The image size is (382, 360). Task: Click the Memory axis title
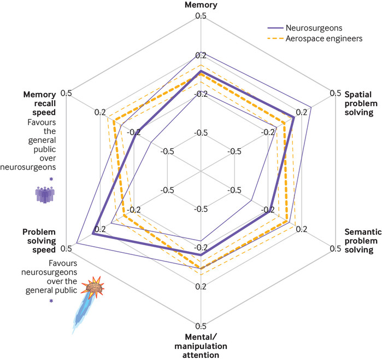coord(201,5)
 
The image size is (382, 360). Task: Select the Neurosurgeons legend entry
coord(305,28)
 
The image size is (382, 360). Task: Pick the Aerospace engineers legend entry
coord(315,38)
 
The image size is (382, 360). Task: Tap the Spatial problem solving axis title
coord(361,103)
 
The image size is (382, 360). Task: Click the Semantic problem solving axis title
coord(363,241)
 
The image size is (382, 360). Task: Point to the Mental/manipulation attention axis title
coord(201,346)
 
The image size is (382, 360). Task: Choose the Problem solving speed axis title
coord(39,241)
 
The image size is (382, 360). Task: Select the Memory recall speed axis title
coord(40,103)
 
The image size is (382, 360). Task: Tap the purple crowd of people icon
coord(45,195)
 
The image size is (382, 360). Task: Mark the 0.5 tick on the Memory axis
coord(201,16)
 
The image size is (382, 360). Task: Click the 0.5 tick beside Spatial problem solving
coord(336,93)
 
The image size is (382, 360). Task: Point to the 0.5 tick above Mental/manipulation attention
coord(201,326)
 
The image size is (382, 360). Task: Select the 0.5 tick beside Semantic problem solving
coord(336,248)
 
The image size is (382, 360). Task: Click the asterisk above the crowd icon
coord(51,179)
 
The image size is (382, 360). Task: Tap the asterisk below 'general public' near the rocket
coord(51,301)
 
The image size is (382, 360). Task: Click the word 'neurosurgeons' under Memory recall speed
coord(28,167)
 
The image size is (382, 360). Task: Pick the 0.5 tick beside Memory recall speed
coord(66,93)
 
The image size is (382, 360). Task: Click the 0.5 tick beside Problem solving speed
coord(66,248)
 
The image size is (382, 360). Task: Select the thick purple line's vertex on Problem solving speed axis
coord(92,234)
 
